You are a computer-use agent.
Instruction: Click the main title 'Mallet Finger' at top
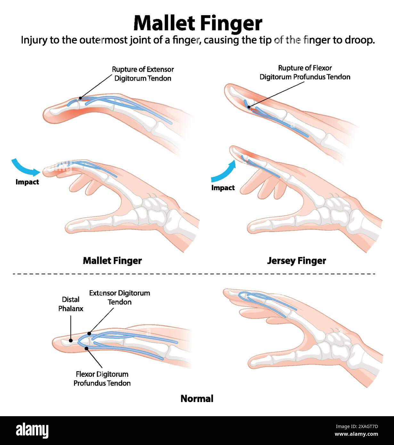(x=198, y=23)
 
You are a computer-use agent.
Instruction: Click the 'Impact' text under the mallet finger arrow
(x=27, y=182)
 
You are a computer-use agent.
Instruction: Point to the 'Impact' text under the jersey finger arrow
(x=223, y=188)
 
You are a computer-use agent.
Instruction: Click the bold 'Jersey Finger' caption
(x=296, y=261)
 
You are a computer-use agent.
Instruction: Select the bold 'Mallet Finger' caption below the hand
(x=112, y=261)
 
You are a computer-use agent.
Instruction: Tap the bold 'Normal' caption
(x=197, y=399)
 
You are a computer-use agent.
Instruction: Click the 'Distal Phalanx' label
(x=71, y=304)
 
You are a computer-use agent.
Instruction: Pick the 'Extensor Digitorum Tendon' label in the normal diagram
(x=119, y=297)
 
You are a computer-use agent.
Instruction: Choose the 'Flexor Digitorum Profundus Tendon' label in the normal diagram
(x=102, y=378)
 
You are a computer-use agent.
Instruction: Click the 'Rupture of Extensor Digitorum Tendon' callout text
(x=143, y=74)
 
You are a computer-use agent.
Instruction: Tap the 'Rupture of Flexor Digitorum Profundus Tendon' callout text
(x=305, y=72)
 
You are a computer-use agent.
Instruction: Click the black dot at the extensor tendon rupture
(x=80, y=99)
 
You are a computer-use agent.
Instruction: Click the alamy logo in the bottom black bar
(x=32, y=431)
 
